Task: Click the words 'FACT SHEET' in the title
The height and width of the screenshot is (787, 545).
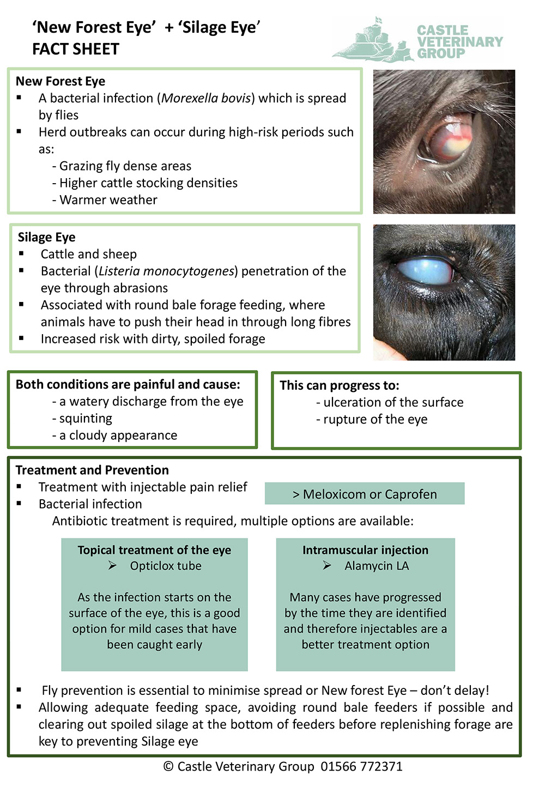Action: click(x=76, y=49)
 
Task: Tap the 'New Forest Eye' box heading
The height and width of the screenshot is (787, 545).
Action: click(x=60, y=81)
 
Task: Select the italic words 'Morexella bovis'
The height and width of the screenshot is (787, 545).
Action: click(x=206, y=98)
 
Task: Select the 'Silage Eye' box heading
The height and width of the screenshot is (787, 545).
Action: click(x=47, y=237)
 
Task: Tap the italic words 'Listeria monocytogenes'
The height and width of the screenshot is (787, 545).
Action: click(x=166, y=271)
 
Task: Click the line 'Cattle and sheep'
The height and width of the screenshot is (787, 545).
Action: click(x=89, y=254)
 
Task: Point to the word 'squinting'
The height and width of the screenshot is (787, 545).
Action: click(x=86, y=419)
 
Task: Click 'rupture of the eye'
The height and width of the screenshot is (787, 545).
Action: click(x=375, y=419)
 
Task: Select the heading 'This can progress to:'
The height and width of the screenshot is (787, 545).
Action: click(x=340, y=385)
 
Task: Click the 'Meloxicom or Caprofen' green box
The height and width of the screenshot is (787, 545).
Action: click(x=365, y=494)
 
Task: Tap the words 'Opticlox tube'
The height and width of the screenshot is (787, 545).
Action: click(x=166, y=566)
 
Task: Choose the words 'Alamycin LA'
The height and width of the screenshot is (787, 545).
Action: click(x=377, y=566)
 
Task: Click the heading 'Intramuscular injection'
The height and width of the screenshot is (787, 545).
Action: click(x=365, y=550)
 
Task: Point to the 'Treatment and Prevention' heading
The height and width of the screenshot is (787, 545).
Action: click(x=92, y=470)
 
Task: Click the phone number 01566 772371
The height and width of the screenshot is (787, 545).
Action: click(x=361, y=766)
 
